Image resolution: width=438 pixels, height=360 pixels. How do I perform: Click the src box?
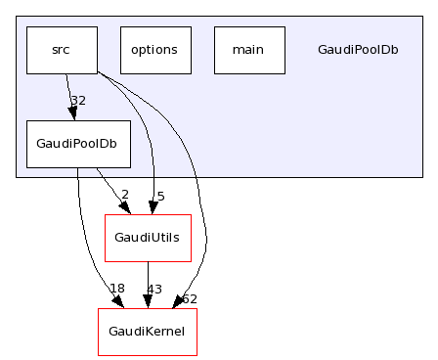pyautogui.click(x=62, y=50)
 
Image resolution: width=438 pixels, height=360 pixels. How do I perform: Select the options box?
pyautogui.click(x=154, y=50)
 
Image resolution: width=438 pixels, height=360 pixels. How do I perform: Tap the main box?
pyautogui.click(x=248, y=50)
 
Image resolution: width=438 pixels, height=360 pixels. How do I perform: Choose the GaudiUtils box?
pyautogui.click(x=148, y=238)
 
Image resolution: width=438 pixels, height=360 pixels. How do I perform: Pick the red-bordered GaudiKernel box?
pyautogui.click(x=148, y=332)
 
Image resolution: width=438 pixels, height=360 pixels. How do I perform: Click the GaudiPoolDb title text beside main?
pyautogui.click(x=358, y=50)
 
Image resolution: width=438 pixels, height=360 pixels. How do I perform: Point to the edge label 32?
pyautogui.click(x=78, y=100)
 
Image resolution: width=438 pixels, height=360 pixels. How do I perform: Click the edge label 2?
pyautogui.click(x=124, y=194)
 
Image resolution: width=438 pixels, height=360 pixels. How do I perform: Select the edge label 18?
pyautogui.click(x=117, y=288)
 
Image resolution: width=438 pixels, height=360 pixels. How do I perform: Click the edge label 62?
pyautogui.click(x=190, y=298)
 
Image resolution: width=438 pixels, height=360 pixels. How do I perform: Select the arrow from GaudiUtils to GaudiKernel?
pyautogui.click(x=148, y=284)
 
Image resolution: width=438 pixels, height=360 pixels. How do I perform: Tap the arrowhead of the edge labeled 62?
pyautogui.click(x=178, y=303)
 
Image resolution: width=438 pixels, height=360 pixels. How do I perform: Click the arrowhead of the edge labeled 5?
pyautogui.click(x=152, y=208)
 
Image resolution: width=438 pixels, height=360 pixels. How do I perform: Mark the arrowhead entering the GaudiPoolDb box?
pyautogui.click(x=71, y=114)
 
